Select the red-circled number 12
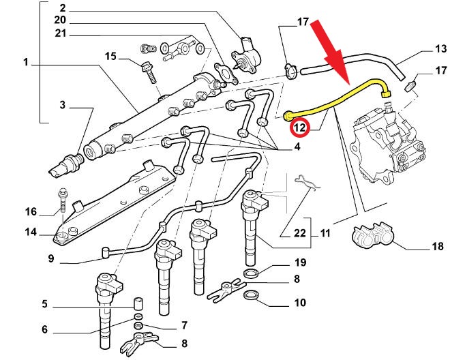300,126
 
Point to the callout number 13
440,49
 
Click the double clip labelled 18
373,236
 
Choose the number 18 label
436,246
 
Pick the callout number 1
25,63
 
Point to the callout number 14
31,232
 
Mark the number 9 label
50,258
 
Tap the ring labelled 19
251,273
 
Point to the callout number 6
44,329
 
